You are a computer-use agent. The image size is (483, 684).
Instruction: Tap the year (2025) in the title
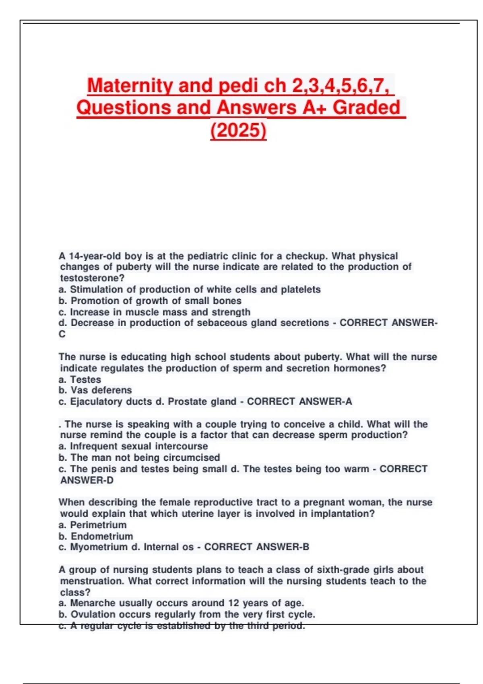(238, 130)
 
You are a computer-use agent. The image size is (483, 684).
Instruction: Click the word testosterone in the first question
(92, 278)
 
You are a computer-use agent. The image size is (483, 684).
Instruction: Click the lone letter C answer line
(62, 334)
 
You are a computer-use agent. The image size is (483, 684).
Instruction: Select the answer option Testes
(85, 379)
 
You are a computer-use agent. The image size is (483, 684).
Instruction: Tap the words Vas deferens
(101, 390)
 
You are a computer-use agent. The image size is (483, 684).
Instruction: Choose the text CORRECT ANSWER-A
(299, 402)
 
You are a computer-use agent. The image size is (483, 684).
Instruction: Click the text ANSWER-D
(87, 480)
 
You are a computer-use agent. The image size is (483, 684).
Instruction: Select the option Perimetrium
(98, 525)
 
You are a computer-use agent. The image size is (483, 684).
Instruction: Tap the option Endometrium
(101, 536)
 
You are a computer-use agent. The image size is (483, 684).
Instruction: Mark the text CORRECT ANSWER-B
(257, 547)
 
